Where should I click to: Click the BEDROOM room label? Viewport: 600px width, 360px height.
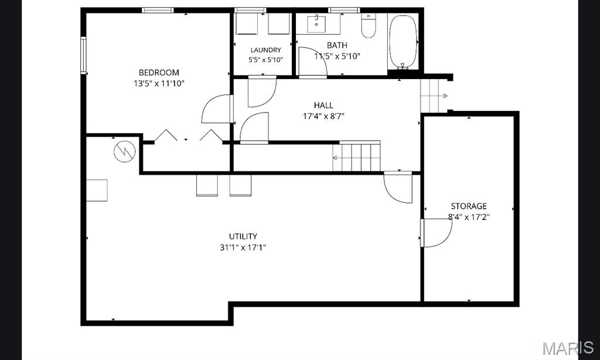tap(159, 72)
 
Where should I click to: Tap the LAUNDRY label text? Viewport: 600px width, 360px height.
tap(265, 50)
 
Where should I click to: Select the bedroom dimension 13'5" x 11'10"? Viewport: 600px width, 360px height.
tap(159, 83)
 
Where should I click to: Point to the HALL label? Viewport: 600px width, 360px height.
tap(323, 105)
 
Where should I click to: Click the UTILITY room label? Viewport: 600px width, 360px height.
tap(243, 236)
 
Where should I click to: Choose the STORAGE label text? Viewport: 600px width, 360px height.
tap(469, 206)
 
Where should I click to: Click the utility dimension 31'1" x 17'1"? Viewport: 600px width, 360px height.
tap(243, 247)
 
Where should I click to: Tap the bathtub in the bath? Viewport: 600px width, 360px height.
tap(403, 42)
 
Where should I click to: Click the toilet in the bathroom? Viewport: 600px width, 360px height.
tap(369, 26)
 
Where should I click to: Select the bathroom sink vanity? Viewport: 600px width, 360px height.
tap(317, 23)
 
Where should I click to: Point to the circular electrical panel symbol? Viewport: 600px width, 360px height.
tap(125, 151)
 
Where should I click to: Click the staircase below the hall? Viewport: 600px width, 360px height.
tap(356, 157)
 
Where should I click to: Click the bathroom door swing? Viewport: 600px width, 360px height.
tap(313, 62)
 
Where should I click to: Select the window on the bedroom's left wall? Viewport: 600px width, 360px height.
tap(83, 55)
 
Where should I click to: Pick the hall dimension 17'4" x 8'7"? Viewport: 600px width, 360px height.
tap(323, 116)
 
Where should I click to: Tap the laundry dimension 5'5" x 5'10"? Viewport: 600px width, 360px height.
tap(265, 60)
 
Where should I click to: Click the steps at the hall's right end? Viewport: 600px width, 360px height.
tap(434, 96)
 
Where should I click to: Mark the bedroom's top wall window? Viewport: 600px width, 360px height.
tap(158, 11)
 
